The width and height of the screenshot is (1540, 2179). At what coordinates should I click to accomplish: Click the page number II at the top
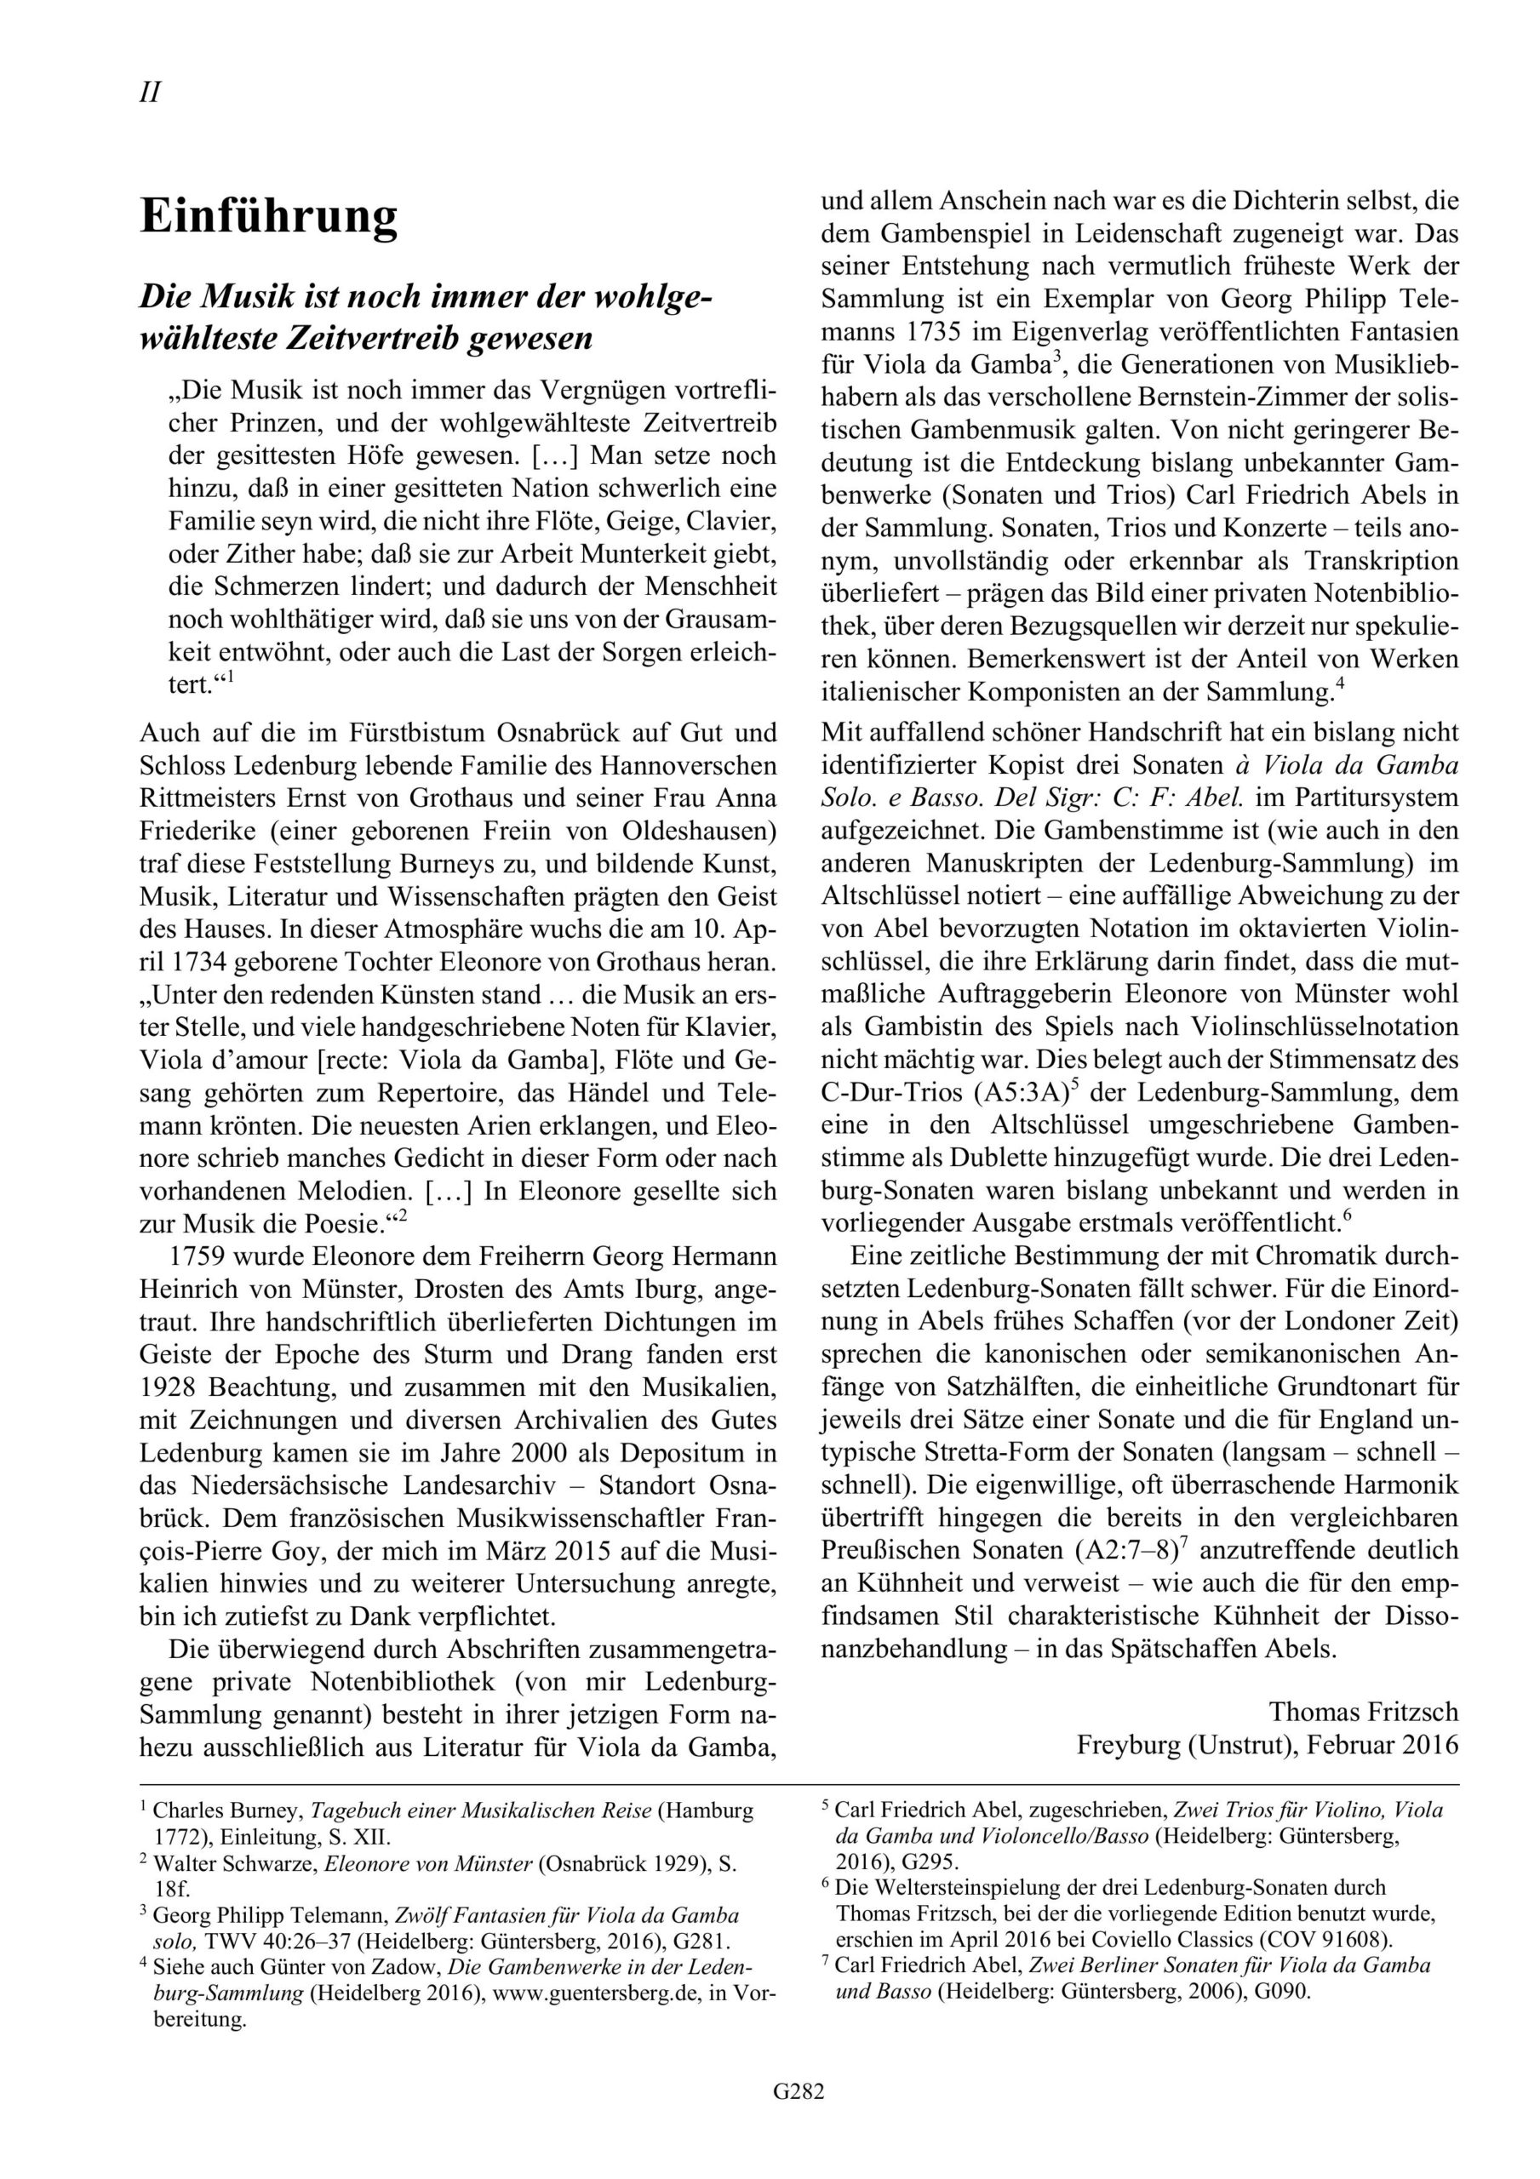click(x=149, y=93)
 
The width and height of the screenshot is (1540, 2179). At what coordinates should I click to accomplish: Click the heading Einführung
click(x=269, y=216)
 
